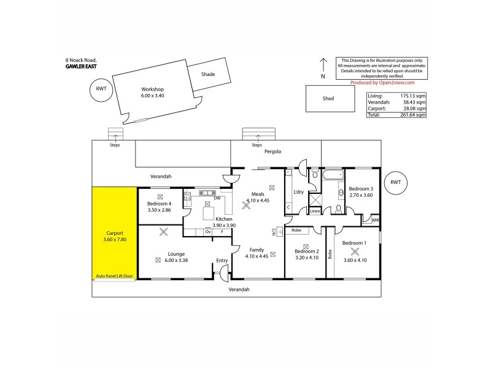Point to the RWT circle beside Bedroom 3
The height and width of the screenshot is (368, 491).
[395, 182]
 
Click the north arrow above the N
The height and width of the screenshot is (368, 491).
[323, 64]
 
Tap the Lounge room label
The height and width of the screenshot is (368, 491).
[176, 254]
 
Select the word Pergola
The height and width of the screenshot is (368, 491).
[273, 151]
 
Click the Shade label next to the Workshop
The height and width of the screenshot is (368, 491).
[207, 74]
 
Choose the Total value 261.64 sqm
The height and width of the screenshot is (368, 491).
[413, 115]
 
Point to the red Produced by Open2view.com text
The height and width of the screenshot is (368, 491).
[382, 82]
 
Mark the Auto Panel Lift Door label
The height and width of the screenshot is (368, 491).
[115, 277]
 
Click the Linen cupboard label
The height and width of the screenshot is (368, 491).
[315, 212]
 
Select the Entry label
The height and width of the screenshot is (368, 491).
[222, 261]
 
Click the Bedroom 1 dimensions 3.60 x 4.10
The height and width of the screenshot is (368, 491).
[354, 250]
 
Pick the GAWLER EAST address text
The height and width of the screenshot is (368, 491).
[82, 65]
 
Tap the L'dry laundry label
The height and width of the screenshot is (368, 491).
[299, 192]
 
